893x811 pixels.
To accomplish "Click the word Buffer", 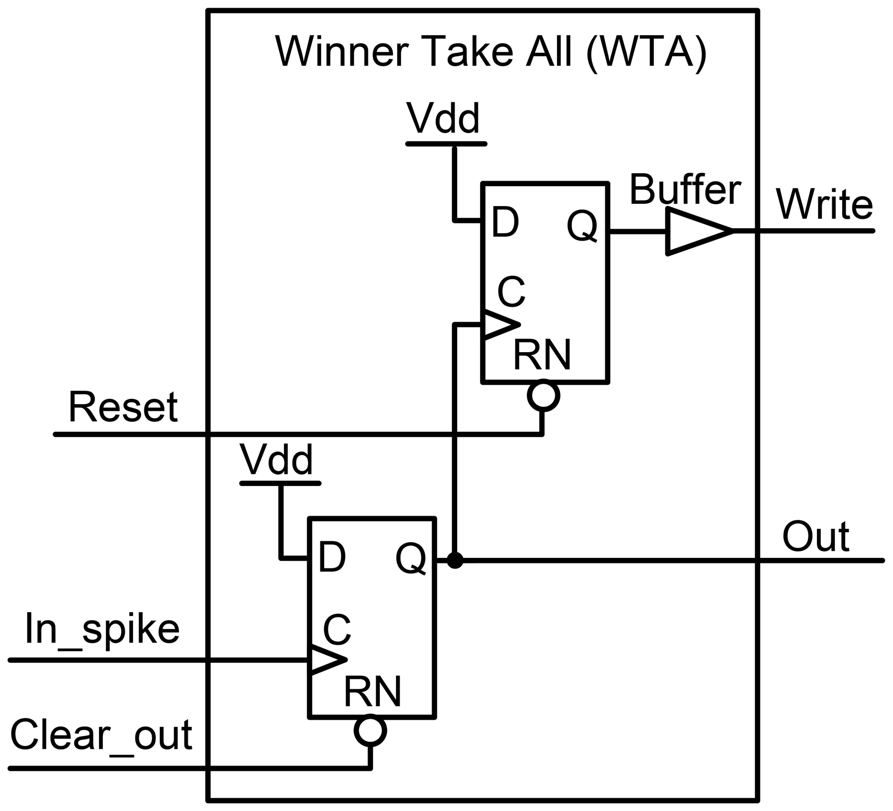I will click(685, 190).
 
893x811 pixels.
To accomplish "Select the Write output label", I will click(824, 205).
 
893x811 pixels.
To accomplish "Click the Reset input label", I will click(123, 407).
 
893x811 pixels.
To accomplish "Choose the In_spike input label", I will click(102, 630).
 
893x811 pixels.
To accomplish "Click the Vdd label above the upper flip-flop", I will click(443, 118).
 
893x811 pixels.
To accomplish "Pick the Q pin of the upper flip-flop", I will click(582, 226).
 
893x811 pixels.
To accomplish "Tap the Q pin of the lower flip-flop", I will click(410, 559).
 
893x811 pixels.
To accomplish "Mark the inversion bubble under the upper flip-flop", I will click(543, 395).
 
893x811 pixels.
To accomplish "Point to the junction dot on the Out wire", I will click(455, 560).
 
